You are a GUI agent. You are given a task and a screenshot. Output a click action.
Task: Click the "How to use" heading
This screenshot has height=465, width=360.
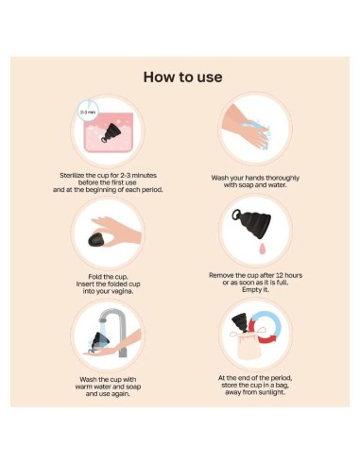point(182,77)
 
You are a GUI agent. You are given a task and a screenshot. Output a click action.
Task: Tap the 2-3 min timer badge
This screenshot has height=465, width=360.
point(88,112)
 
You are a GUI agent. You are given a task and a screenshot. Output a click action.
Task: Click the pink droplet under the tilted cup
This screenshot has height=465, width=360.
point(262,250)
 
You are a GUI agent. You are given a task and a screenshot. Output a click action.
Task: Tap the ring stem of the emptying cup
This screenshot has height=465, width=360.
point(236,215)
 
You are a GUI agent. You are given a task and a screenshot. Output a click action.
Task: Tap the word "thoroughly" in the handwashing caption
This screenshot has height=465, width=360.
point(283,178)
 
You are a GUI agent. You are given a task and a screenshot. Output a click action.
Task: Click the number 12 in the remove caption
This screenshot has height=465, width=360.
point(280,275)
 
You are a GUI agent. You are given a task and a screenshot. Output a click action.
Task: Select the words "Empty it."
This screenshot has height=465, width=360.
point(255,290)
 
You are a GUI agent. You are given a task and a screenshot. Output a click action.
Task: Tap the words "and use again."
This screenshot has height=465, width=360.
point(108,394)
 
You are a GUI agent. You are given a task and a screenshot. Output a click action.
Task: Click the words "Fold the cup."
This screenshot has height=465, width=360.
point(108,277)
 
